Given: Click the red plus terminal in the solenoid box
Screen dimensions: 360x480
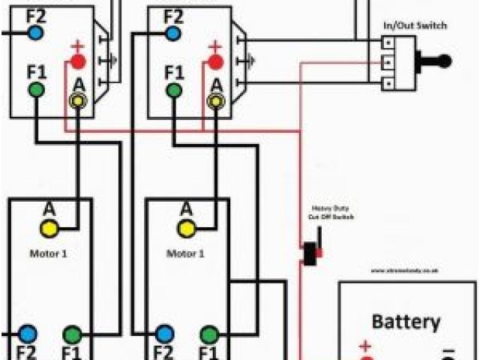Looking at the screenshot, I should pos(78,61).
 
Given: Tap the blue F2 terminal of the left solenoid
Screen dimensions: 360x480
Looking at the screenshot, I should pos(35,32).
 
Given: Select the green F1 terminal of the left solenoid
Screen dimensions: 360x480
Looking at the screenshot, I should pos(35,91).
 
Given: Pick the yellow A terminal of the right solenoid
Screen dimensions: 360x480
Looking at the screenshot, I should pos(216,100).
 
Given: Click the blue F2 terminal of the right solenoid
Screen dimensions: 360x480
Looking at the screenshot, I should pos(173,33).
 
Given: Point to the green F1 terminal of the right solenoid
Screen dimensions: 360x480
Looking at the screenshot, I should pos(174,91).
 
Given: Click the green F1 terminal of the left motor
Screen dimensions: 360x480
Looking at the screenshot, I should pos(72,333).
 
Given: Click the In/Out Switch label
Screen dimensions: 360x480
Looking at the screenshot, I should pos(415,25).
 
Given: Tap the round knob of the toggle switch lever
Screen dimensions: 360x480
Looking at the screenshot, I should pos(444,61).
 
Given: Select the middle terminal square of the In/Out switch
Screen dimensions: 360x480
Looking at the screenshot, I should pos(388,61).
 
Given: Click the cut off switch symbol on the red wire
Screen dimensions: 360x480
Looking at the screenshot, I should pos(309,252).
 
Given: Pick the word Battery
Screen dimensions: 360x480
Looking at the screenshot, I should pos(406,322).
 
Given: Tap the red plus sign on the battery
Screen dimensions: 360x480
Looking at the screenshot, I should pos(366,347).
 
